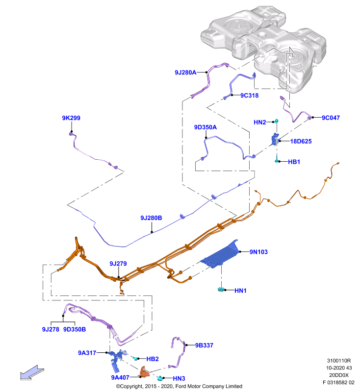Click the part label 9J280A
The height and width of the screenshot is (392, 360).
[185, 73]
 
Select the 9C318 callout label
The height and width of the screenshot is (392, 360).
[250, 96]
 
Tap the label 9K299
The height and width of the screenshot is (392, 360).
[71, 118]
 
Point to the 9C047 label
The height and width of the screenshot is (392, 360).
[331, 118]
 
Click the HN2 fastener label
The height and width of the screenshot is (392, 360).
[259, 122]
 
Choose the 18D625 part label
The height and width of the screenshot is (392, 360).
[301, 142]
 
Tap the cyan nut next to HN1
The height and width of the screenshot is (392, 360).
[221, 290]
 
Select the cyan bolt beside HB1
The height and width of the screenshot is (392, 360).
[277, 160]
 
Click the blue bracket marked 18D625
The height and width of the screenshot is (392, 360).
[275, 139]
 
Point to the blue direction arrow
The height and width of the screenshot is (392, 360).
[32, 373]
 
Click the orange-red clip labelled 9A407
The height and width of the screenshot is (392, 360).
[144, 372]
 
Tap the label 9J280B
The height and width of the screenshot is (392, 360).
[151, 218]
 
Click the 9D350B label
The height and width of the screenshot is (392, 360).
[75, 329]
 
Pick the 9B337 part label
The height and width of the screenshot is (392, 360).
[204, 345]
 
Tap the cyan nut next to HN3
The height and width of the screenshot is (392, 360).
[160, 378]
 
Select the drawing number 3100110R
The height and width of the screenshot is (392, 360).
[339, 361]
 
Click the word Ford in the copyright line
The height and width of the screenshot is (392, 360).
[181, 386]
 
